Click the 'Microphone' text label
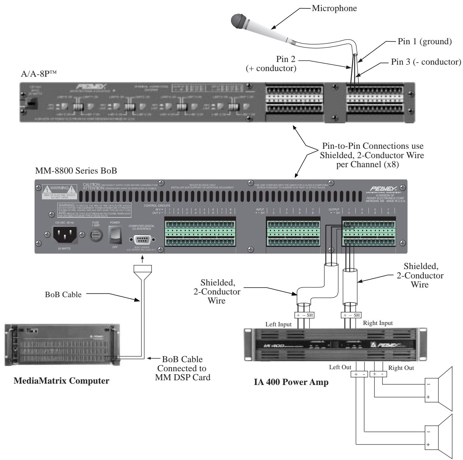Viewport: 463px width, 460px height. (x=334, y=8)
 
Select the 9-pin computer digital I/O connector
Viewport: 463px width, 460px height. (x=142, y=240)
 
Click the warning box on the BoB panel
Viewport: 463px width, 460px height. (x=60, y=191)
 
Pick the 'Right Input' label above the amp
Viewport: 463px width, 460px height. (x=378, y=323)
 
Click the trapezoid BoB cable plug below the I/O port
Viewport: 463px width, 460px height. (x=142, y=269)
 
